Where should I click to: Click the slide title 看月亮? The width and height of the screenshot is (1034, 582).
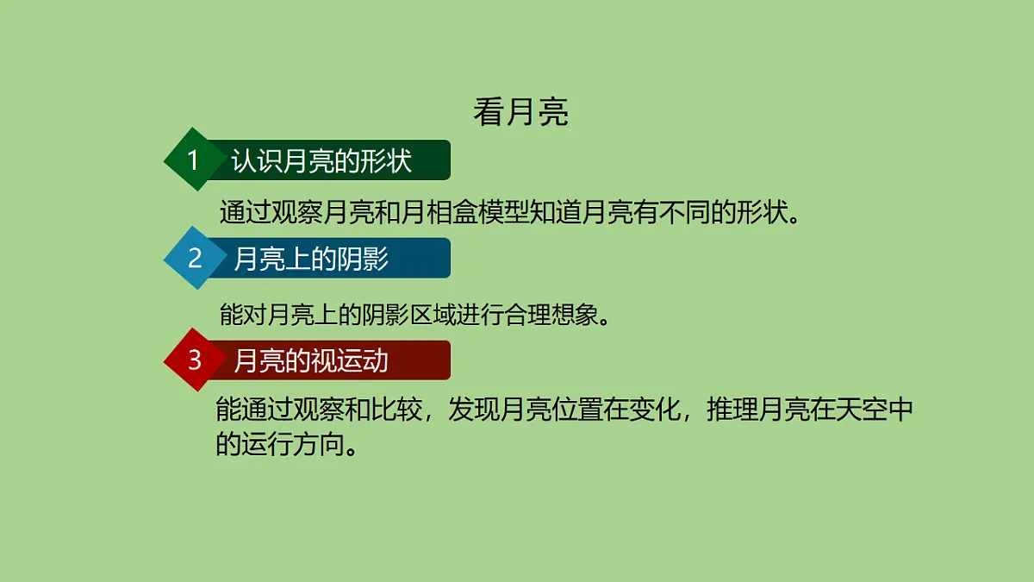(x=520, y=113)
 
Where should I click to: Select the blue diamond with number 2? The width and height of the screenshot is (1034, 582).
(x=195, y=258)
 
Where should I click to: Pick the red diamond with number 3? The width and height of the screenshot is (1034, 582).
(x=195, y=360)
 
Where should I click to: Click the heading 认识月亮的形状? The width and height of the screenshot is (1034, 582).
(x=321, y=161)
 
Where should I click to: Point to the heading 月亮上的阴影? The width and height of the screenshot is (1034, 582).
(x=311, y=259)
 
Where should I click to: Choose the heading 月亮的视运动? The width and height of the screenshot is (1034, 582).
(x=311, y=360)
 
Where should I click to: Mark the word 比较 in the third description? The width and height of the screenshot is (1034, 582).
(x=396, y=411)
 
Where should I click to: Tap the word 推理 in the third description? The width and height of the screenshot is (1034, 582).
(x=732, y=411)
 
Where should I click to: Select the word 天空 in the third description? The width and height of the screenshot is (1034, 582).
(x=861, y=411)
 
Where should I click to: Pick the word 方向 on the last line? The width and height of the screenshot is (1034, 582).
(x=318, y=444)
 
